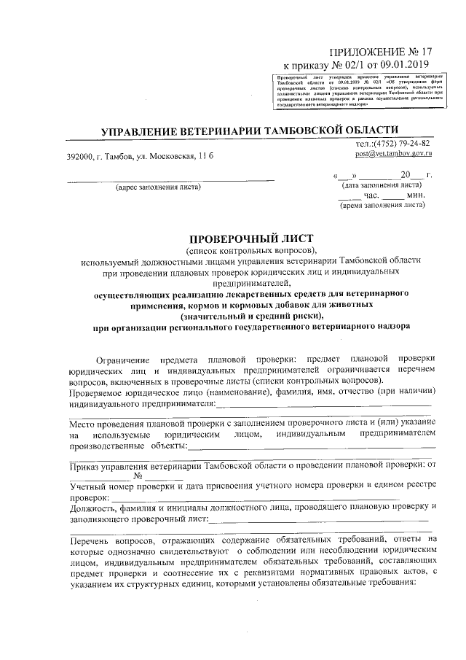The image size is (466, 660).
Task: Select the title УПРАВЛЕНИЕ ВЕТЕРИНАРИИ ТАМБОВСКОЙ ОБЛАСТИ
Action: [x=252, y=130]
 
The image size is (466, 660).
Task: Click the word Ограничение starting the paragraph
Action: [x=125, y=360]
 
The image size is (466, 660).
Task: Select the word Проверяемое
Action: [x=98, y=392]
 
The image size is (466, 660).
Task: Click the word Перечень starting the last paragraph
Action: [x=90, y=540]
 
